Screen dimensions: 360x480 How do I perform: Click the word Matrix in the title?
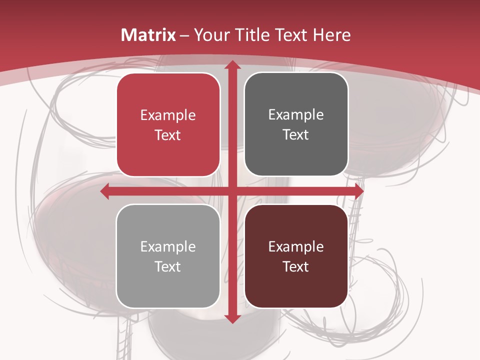148,35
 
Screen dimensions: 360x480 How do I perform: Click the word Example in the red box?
168,115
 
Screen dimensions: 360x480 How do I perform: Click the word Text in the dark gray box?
296,135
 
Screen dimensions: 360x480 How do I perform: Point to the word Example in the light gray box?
168,247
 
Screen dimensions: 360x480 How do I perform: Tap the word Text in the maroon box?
296,266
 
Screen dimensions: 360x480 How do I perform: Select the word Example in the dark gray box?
296,115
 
